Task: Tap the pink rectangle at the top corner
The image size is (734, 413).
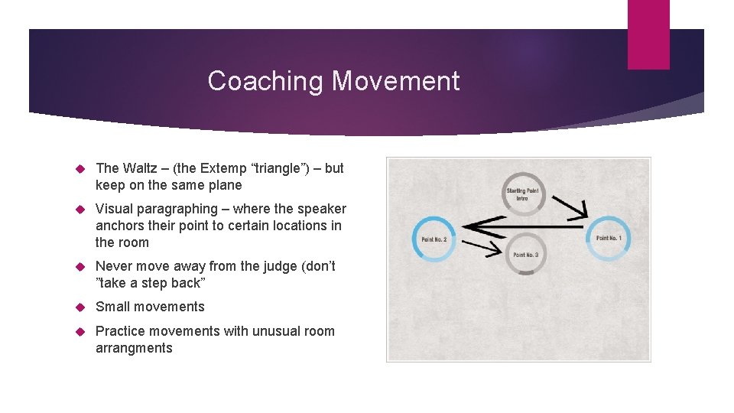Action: click(x=648, y=34)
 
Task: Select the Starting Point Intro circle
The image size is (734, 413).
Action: click(x=524, y=193)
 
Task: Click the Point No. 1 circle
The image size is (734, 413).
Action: click(x=609, y=239)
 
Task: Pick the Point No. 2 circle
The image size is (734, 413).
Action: click(x=434, y=239)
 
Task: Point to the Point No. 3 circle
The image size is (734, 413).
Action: click(x=525, y=254)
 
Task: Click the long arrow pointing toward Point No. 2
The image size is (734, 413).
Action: click(x=520, y=226)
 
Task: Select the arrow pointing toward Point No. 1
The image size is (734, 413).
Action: click(x=570, y=205)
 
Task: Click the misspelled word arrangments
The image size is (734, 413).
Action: click(x=134, y=348)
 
